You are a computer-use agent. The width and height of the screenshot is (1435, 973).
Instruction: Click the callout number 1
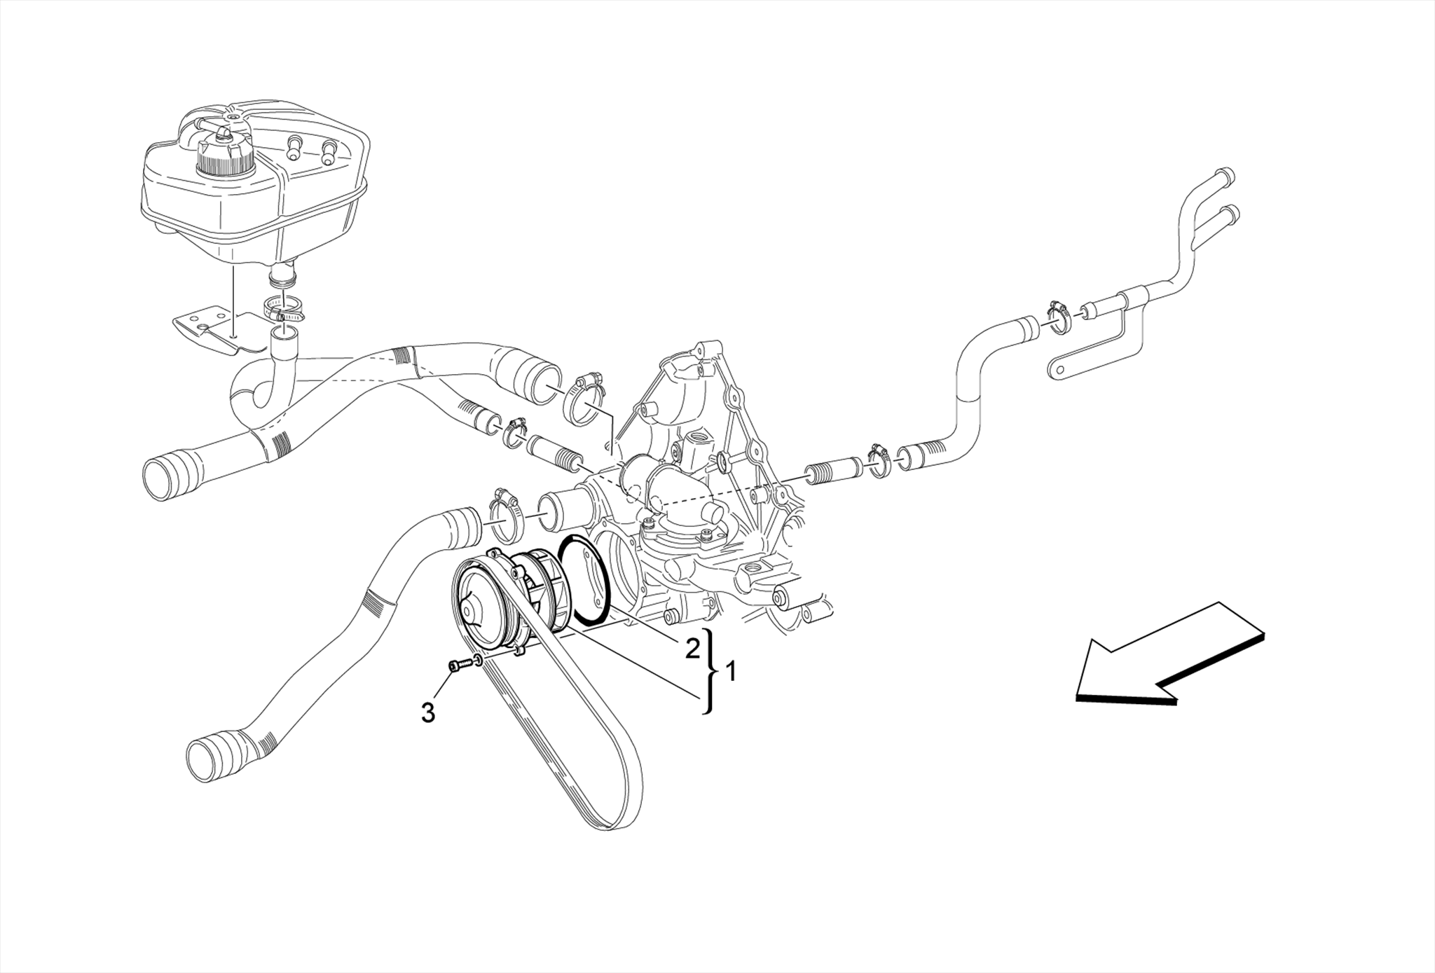pyautogui.click(x=731, y=672)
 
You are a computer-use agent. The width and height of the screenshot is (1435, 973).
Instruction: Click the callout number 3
pyautogui.click(x=427, y=713)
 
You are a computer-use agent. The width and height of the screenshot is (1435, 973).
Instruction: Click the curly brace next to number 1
pyautogui.click(x=712, y=671)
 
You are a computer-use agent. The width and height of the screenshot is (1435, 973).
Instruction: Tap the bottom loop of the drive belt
pyautogui.click(x=603, y=820)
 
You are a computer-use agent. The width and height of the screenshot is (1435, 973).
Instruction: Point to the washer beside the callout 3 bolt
pyautogui.click(x=478, y=660)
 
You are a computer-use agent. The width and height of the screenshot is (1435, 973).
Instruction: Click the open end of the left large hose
pyautogui.click(x=158, y=478)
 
